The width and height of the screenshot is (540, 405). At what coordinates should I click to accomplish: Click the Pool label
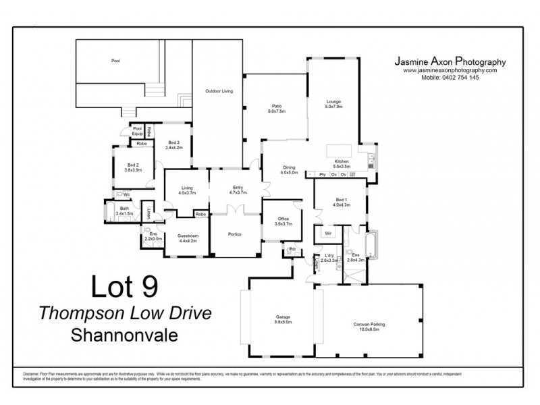[115, 60]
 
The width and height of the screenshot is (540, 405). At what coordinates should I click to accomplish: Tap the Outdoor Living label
[219, 90]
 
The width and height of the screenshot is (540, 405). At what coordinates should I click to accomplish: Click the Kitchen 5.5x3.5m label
[341, 165]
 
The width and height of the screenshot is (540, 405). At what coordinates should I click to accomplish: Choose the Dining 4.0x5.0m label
[289, 169]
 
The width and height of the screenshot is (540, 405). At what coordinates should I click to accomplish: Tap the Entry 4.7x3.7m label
[238, 190]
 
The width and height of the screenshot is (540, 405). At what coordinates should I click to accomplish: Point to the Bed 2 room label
[132, 168]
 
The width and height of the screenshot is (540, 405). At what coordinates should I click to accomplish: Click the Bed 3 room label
[174, 145]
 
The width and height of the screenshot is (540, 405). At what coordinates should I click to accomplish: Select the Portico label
[234, 234]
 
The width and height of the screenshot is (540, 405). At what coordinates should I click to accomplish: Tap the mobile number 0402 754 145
[450, 78]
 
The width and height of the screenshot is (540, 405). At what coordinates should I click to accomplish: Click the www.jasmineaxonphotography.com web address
[450, 70]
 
